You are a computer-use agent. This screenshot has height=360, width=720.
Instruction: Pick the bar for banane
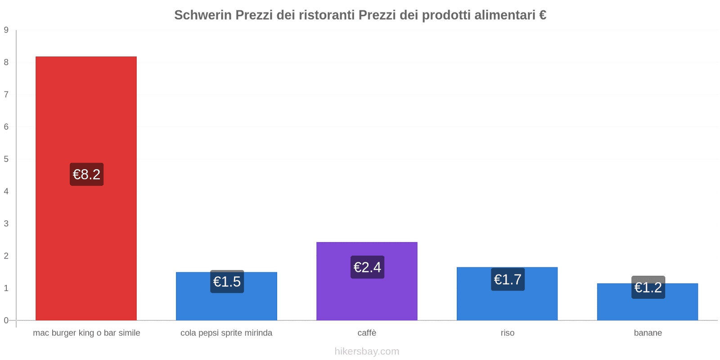648,308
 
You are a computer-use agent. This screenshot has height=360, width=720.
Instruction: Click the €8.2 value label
86,174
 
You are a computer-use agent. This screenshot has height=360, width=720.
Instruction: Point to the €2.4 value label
367,267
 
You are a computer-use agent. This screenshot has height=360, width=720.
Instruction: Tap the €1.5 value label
227,282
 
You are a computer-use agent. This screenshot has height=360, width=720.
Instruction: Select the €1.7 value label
508,279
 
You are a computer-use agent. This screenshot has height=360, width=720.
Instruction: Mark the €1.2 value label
648,287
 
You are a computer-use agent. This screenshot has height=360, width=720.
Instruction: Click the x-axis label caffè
367,333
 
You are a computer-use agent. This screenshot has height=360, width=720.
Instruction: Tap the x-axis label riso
507,333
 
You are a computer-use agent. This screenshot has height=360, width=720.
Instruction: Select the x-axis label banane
648,333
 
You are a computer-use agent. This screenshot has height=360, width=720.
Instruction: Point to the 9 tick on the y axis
6,30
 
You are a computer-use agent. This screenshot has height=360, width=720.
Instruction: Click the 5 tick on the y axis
6,159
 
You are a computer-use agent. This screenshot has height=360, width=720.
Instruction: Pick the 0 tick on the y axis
6,320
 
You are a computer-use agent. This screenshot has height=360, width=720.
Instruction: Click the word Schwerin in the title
202,15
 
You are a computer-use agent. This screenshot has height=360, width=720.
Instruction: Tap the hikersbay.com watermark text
367,351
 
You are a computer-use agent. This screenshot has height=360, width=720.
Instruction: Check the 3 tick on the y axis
6,224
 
